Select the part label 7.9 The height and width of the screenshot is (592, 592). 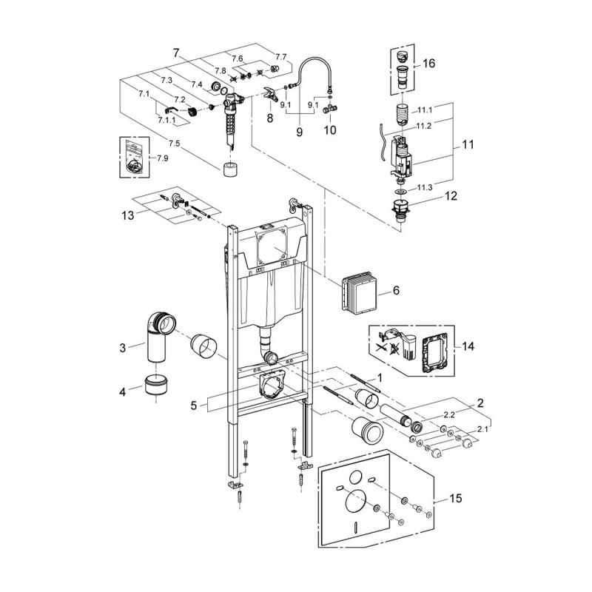(x=162, y=158)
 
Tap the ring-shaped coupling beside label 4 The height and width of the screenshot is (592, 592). (x=156, y=385)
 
